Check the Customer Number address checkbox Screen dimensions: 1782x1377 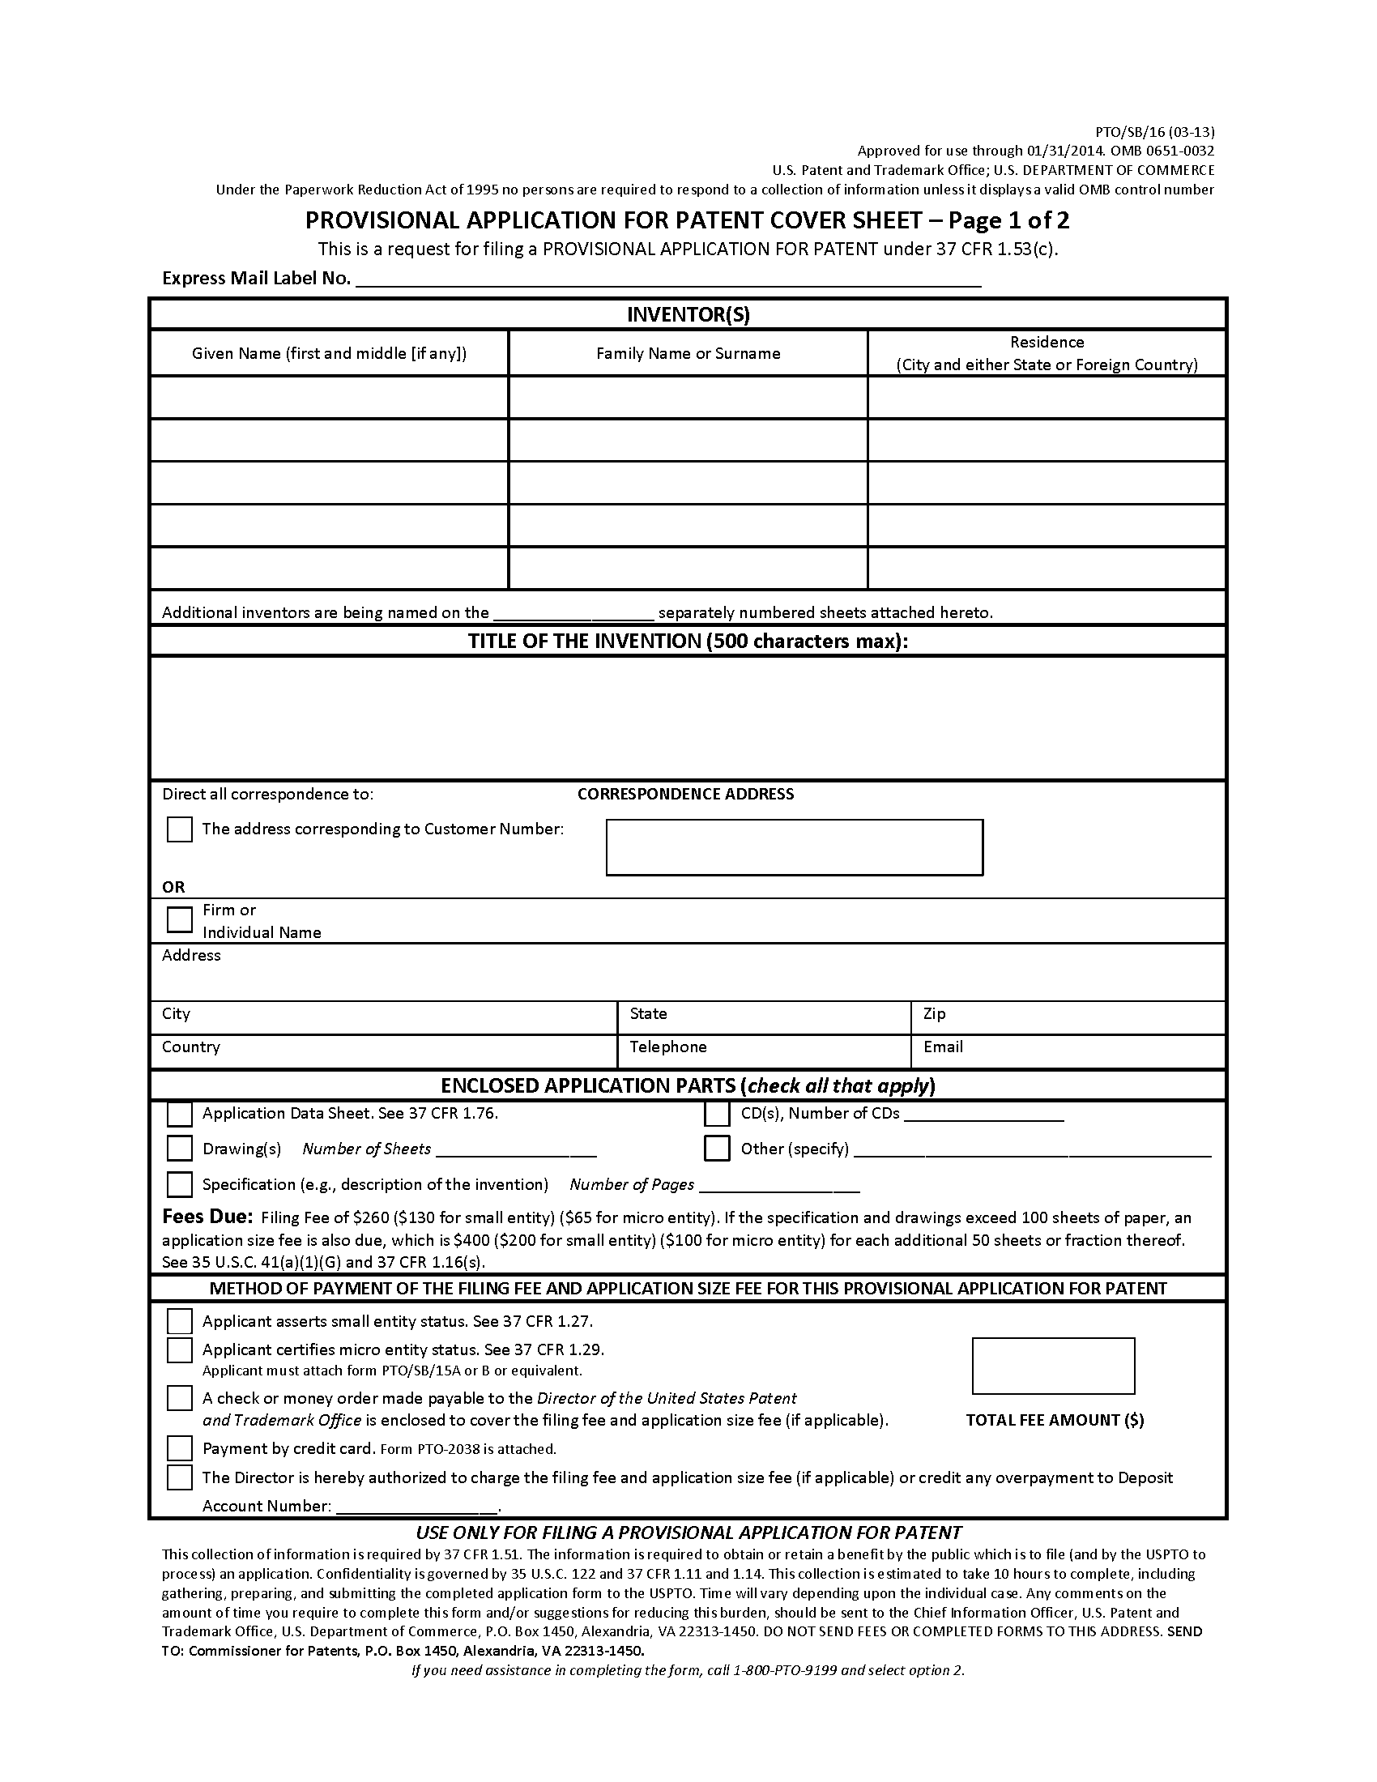[180, 829]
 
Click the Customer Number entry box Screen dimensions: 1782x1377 [794, 847]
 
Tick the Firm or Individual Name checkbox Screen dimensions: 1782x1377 [180, 919]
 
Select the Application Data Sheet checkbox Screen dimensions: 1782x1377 [180, 1114]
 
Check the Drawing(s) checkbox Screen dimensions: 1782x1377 [180, 1149]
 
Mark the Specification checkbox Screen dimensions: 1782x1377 [180, 1184]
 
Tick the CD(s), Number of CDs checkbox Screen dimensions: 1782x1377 [717, 1114]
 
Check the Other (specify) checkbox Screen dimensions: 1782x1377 [717, 1149]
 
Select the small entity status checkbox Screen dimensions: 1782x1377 [180, 1321]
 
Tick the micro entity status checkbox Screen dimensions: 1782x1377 [180, 1350]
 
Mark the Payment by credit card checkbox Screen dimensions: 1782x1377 [180, 1448]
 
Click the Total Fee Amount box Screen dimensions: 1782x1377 [1052, 1366]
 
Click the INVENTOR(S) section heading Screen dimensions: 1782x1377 [688, 315]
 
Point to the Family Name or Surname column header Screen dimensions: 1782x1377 [688, 353]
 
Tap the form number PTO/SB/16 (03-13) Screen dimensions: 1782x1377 [1154, 131]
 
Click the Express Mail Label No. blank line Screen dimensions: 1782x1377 [669, 279]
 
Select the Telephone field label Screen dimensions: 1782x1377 [668, 1047]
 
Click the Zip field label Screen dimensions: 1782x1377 [934, 1013]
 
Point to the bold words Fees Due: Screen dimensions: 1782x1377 [208, 1217]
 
